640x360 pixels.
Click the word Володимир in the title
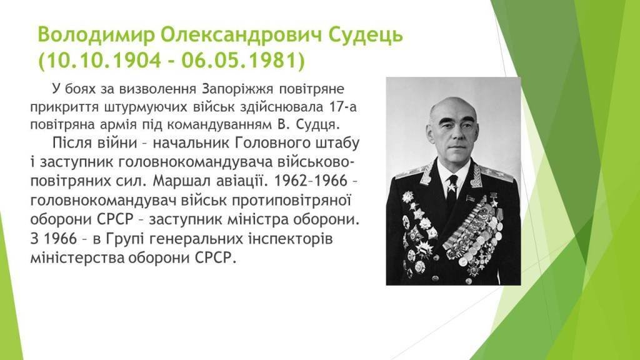[96, 35]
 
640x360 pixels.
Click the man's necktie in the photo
[451, 189]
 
